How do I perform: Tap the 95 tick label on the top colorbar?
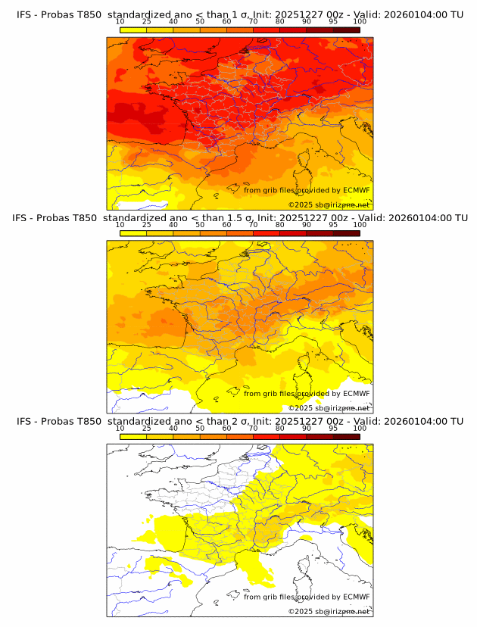pyautogui.click(x=333, y=22)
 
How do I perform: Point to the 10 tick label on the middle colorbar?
pyautogui.click(x=120, y=225)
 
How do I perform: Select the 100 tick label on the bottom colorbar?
pyautogui.click(x=360, y=428)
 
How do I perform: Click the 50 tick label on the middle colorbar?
pyautogui.click(x=200, y=225)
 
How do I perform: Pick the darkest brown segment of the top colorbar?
pyautogui.click(x=346, y=30)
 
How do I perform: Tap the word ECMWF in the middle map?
pyautogui.click(x=356, y=394)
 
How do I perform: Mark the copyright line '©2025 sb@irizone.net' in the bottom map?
pyautogui.click(x=329, y=611)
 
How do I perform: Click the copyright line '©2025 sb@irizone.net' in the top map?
pyautogui.click(x=329, y=205)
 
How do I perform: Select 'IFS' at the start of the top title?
pyautogui.click(x=25, y=15)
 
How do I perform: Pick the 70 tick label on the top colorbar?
pyautogui.click(x=253, y=22)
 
